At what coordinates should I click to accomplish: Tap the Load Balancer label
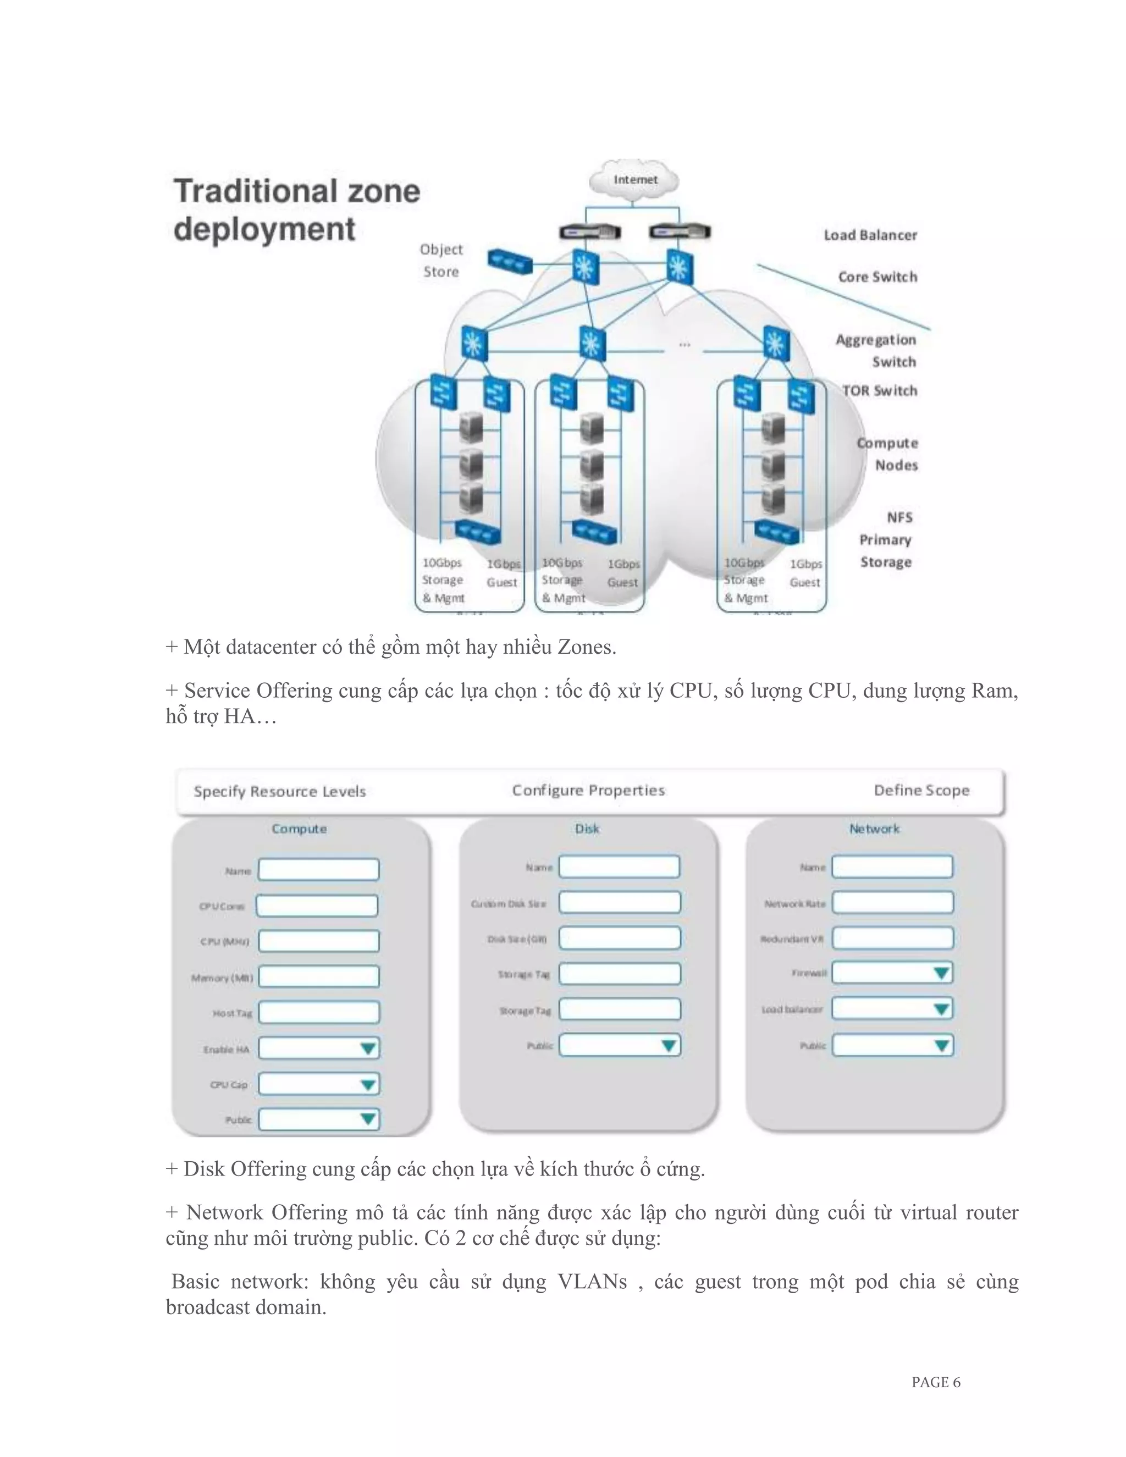870,235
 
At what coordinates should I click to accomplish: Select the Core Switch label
877,277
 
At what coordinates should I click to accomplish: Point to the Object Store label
441,260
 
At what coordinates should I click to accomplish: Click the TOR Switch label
879,391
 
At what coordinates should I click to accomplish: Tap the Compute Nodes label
888,454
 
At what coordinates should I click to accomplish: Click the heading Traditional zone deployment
296,210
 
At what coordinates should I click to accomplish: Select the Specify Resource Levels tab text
279,792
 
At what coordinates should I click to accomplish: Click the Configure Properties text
588,791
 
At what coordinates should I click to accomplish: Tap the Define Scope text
921,791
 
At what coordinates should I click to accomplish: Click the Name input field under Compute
318,870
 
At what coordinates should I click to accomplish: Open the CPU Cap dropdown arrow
368,1084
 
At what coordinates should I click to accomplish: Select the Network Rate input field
892,903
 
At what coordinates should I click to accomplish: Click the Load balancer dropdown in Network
892,1009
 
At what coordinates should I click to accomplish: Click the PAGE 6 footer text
935,1382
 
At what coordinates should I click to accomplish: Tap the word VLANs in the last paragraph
592,1282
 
